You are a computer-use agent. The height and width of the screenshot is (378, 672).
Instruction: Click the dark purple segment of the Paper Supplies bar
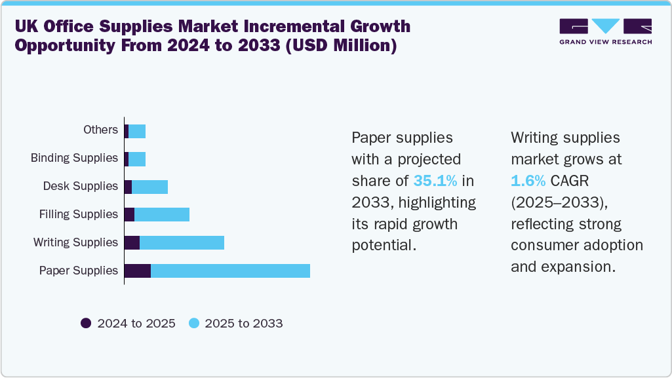point(138,271)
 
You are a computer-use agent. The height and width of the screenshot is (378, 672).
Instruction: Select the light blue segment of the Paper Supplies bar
point(230,271)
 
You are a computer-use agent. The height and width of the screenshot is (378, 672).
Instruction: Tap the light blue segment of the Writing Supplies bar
point(182,242)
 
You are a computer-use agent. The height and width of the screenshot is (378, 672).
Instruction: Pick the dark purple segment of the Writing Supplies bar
point(132,242)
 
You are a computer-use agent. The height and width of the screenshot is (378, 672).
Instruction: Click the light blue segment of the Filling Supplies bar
point(162,214)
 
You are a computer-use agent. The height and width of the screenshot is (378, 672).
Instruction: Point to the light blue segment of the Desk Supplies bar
point(149,187)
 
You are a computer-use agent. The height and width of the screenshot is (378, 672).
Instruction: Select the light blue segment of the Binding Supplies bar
point(137,159)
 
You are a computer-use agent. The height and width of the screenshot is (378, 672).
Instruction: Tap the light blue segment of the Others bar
point(137,130)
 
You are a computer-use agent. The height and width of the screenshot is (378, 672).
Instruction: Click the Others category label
point(100,130)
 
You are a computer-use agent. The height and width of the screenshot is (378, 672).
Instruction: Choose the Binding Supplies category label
point(74,158)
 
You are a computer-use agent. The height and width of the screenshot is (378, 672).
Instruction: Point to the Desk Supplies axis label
point(80,186)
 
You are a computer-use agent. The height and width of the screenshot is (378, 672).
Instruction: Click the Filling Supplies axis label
point(78,214)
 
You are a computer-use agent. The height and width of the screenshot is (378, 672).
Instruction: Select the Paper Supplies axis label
point(79,271)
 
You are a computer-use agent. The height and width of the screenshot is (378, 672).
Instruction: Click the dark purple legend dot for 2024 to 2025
point(86,323)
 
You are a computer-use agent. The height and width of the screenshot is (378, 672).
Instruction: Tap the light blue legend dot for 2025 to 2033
point(194,323)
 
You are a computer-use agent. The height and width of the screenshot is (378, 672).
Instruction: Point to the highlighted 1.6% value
point(528,180)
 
